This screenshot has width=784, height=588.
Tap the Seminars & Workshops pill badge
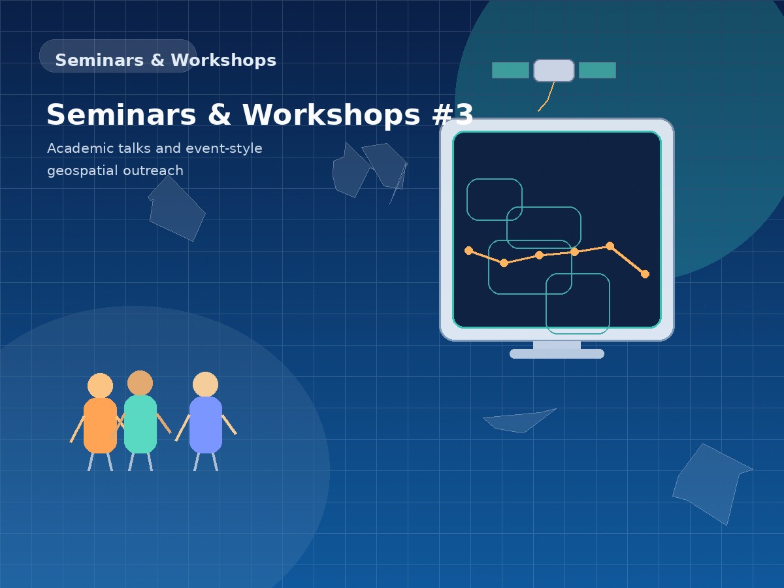118,56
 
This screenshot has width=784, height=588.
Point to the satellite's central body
554,71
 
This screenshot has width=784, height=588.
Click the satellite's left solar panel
510,71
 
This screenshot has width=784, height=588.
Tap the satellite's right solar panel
597,71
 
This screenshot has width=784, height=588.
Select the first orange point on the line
468,250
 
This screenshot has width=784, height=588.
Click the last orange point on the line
645,274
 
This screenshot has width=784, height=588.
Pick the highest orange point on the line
610,246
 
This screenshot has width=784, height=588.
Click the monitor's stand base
557,353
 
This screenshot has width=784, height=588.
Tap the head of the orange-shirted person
100,385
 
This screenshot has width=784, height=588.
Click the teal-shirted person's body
140,424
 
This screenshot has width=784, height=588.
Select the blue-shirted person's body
206,425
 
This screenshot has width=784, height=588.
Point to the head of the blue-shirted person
205,384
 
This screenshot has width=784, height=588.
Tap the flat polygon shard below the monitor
519,421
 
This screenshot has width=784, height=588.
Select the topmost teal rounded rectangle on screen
495,199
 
